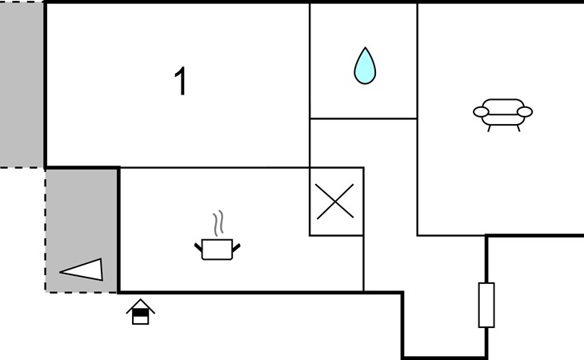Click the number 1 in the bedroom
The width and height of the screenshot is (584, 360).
[x=181, y=82]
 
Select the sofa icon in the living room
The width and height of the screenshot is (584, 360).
[x=502, y=114]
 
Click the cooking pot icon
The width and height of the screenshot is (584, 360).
[x=217, y=249]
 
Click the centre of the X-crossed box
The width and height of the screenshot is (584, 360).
[x=336, y=202]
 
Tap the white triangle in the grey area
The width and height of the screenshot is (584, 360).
[x=84, y=270]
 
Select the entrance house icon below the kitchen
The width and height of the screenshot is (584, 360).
[x=140, y=312]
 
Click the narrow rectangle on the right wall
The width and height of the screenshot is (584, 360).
[x=486, y=305]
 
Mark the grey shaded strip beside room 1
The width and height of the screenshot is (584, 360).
[x=22, y=84]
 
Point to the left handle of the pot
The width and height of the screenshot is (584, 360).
[x=198, y=246]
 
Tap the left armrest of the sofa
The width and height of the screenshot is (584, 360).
[x=480, y=112]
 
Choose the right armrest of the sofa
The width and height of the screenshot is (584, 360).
[x=526, y=112]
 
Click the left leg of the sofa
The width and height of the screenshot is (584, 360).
[x=489, y=127]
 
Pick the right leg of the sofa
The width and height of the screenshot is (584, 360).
[x=518, y=127]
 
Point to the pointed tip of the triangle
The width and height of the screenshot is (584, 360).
[x=62, y=272]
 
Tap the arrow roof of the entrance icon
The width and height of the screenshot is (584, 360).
[x=140, y=304]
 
